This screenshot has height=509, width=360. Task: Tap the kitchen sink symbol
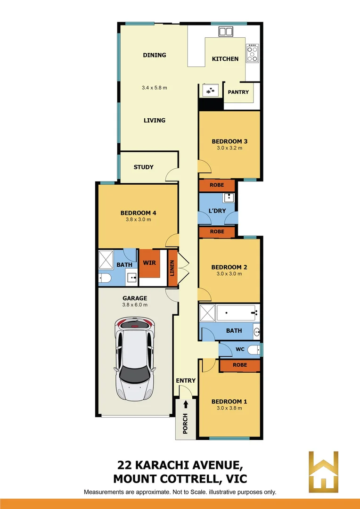point(226,32)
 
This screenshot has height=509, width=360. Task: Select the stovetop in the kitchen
point(253,53)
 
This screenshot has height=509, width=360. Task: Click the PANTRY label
point(238,92)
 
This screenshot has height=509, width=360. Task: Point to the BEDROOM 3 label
point(229,141)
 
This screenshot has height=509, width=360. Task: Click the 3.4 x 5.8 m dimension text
point(155,88)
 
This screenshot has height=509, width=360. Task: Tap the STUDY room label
point(143,167)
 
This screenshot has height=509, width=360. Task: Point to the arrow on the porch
point(186,404)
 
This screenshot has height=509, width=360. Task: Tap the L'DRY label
point(217,211)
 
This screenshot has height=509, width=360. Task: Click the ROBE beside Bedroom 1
point(240,365)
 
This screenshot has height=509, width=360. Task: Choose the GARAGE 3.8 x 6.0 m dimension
point(135,304)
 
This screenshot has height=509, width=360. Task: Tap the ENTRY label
point(186,381)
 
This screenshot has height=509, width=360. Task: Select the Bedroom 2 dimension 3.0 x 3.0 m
point(229,274)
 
